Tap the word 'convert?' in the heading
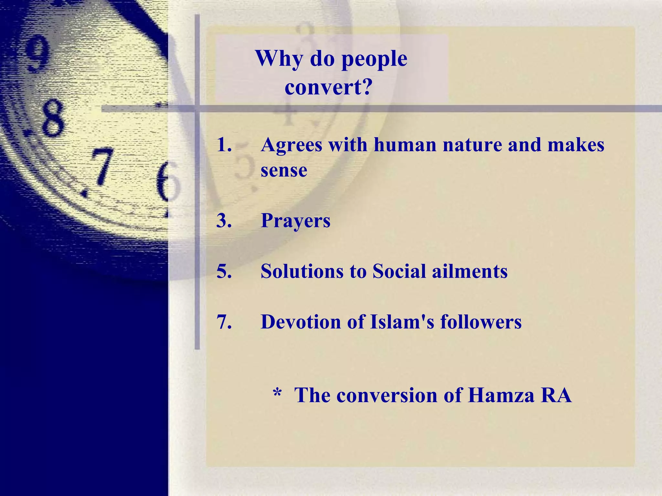click(329, 87)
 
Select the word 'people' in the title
click(374, 59)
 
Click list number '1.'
click(224, 145)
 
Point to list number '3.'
click(224, 221)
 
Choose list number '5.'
click(224, 271)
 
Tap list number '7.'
click(224, 322)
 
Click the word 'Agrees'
click(292, 145)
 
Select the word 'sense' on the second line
click(284, 170)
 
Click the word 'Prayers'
click(295, 221)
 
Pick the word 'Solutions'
click(302, 271)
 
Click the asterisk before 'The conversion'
click(277, 393)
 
